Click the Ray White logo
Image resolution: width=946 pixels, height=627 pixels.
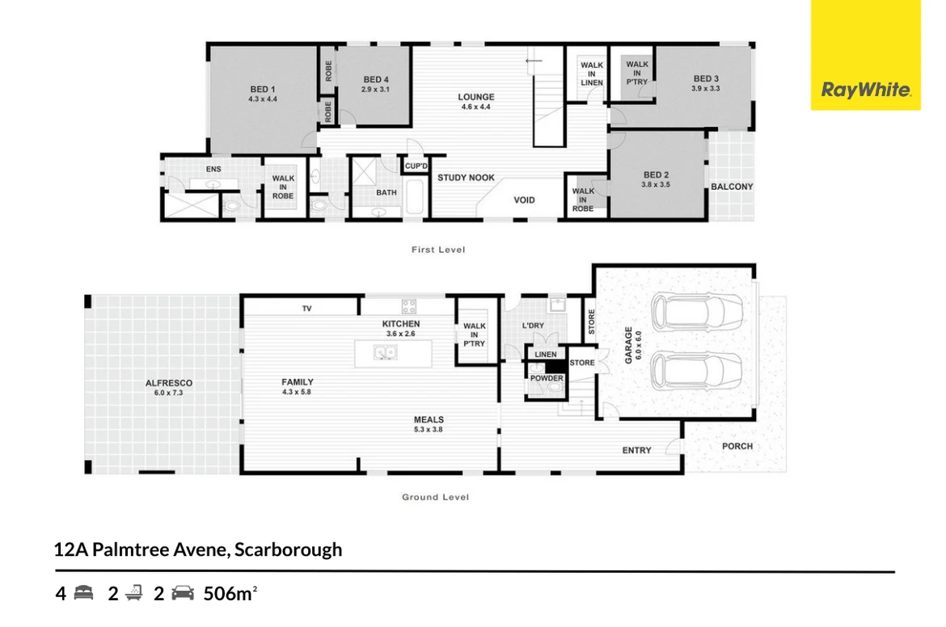pos(866,90)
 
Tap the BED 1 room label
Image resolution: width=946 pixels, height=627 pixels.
pos(263,89)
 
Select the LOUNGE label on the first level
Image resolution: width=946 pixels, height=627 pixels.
pos(476,96)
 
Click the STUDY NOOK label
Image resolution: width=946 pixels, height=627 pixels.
pos(466,178)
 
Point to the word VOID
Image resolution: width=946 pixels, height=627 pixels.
pos(524,200)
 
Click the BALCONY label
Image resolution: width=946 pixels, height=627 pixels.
pos(732,187)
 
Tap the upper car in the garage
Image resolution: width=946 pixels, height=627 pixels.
pos(697,313)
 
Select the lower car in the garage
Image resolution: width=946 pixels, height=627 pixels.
pos(697,371)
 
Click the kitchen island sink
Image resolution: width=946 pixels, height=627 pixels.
pos(385,351)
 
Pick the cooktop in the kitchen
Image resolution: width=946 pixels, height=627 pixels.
pos(409,306)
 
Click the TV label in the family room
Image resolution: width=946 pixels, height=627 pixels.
pos(306,309)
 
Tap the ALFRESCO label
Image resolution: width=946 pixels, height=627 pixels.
pos(169,383)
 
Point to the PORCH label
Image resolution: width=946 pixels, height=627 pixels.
pos(737,446)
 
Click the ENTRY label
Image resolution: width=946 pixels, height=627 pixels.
pos(636,450)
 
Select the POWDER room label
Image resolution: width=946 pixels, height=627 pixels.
pos(547,379)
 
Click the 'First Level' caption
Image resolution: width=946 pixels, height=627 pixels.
pos(438,250)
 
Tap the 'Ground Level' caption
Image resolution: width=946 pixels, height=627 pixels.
pos(436,498)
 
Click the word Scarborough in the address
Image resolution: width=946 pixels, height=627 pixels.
pos(289,549)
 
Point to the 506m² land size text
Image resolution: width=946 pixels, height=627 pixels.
pos(230,594)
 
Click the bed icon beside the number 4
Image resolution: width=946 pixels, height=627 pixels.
pos(84,593)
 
